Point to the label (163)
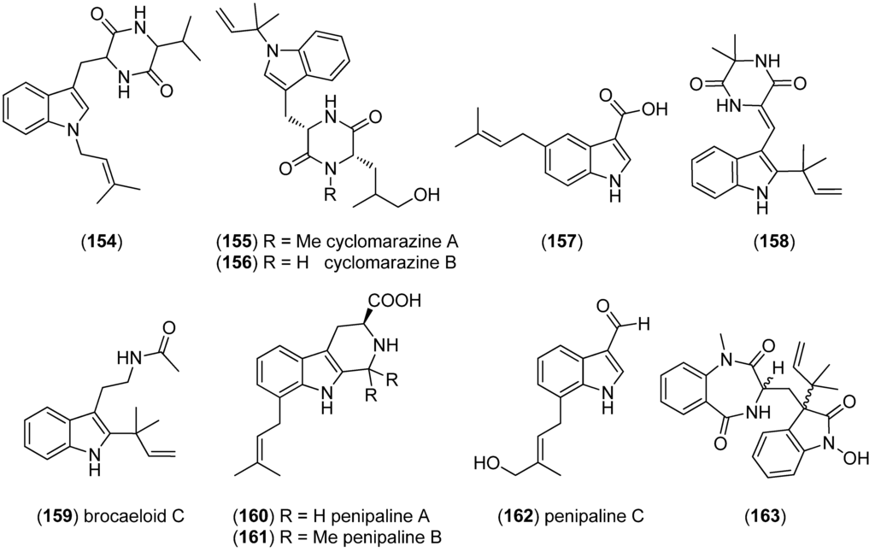point(766,516)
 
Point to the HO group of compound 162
point(489,463)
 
